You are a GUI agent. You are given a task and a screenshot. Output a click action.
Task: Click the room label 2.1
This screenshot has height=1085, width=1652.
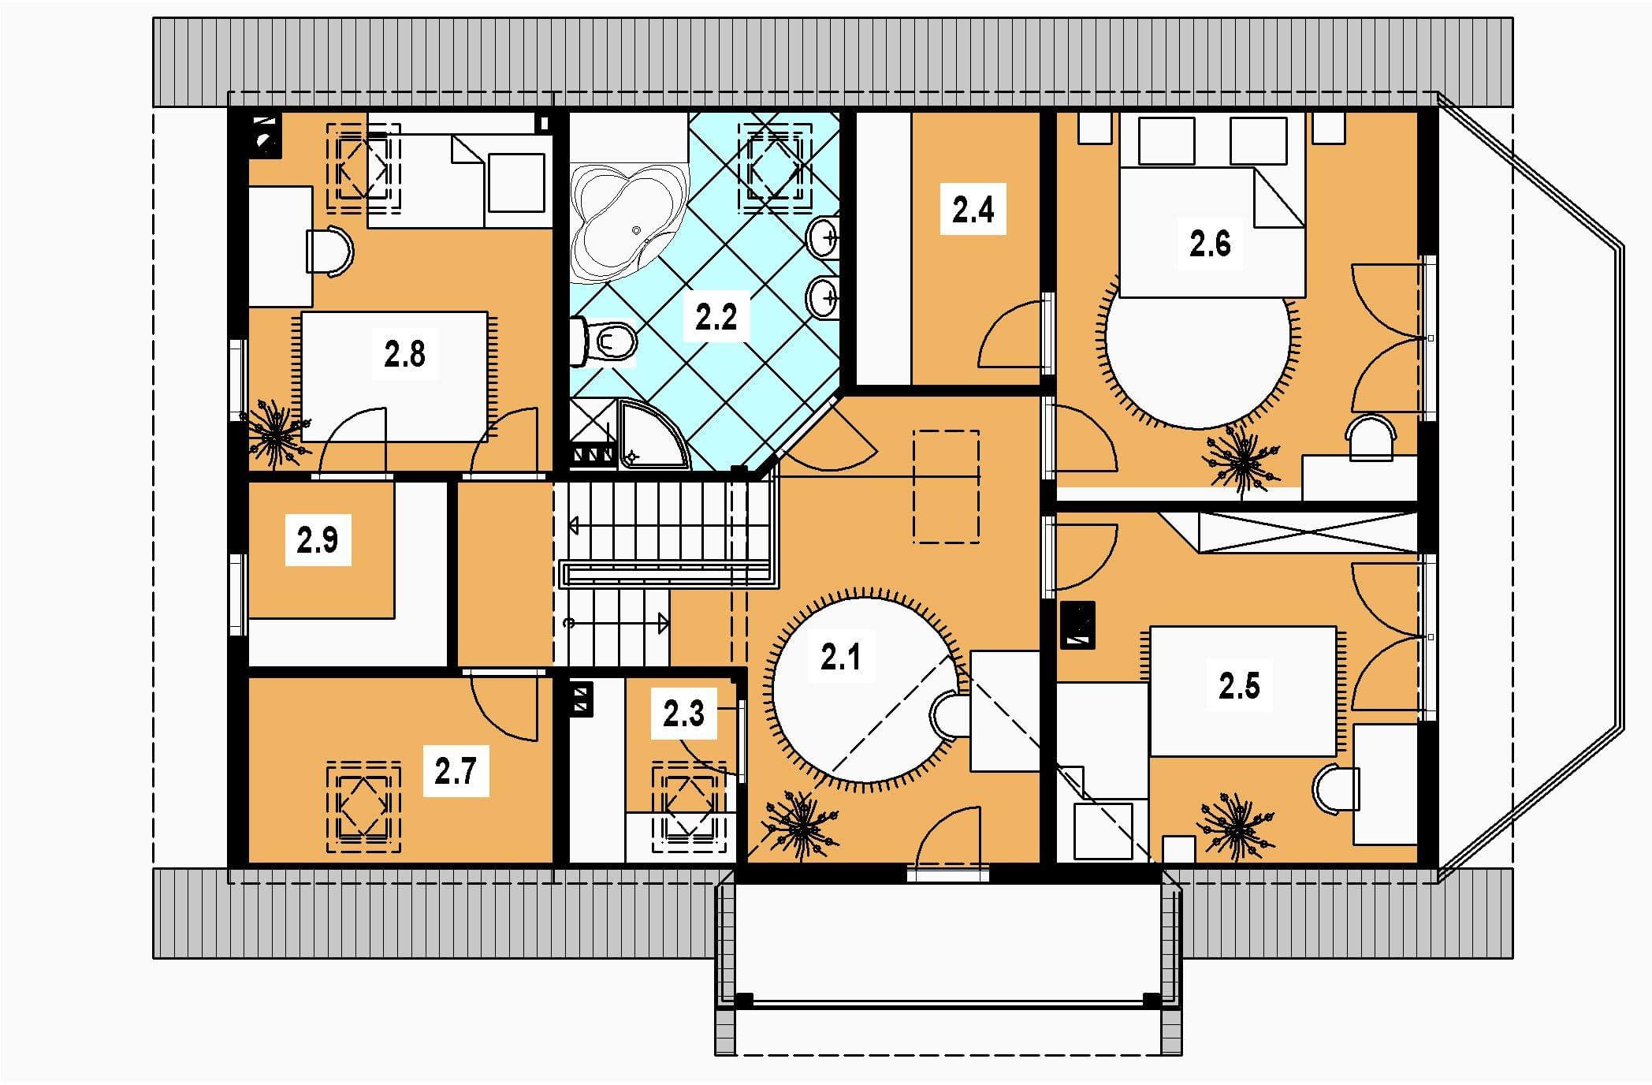[x=841, y=656]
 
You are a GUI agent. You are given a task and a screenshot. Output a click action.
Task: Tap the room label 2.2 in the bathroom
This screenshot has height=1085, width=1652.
[x=716, y=317]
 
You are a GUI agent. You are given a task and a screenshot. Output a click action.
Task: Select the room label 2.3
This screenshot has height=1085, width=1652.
[x=683, y=714]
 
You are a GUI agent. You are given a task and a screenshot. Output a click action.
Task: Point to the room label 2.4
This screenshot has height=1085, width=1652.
[x=973, y=210]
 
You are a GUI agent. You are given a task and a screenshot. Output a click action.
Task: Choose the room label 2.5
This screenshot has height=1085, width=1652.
[x=1239, y=686]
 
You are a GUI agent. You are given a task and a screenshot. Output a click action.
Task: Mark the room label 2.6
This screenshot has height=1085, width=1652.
[x=1210, y=244]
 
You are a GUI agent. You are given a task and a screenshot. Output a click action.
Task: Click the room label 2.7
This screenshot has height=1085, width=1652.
[x=456, y=770]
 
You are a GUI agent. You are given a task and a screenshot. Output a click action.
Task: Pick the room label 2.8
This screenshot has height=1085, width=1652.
[x=404, y=355]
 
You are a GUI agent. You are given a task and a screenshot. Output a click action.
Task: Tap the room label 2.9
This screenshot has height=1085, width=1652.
[x=318, y=541]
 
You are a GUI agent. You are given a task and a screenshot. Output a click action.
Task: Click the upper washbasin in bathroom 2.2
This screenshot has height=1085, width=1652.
[x=824, y=235]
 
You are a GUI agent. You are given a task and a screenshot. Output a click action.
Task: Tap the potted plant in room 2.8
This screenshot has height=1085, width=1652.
[x=275, y=433]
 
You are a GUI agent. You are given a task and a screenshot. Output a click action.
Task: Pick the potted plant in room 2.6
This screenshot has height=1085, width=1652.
[x=1241, y=462]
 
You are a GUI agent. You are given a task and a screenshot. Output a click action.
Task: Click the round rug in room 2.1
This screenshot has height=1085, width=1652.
[x=865, y=687]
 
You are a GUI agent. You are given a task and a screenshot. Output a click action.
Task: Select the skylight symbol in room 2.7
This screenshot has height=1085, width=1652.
[x=363, y=806]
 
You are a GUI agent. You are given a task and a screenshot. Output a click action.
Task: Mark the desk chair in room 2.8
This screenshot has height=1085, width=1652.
[x=330, y=252]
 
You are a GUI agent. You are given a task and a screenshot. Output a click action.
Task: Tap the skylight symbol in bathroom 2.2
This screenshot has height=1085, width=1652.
[x=775, y=166]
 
